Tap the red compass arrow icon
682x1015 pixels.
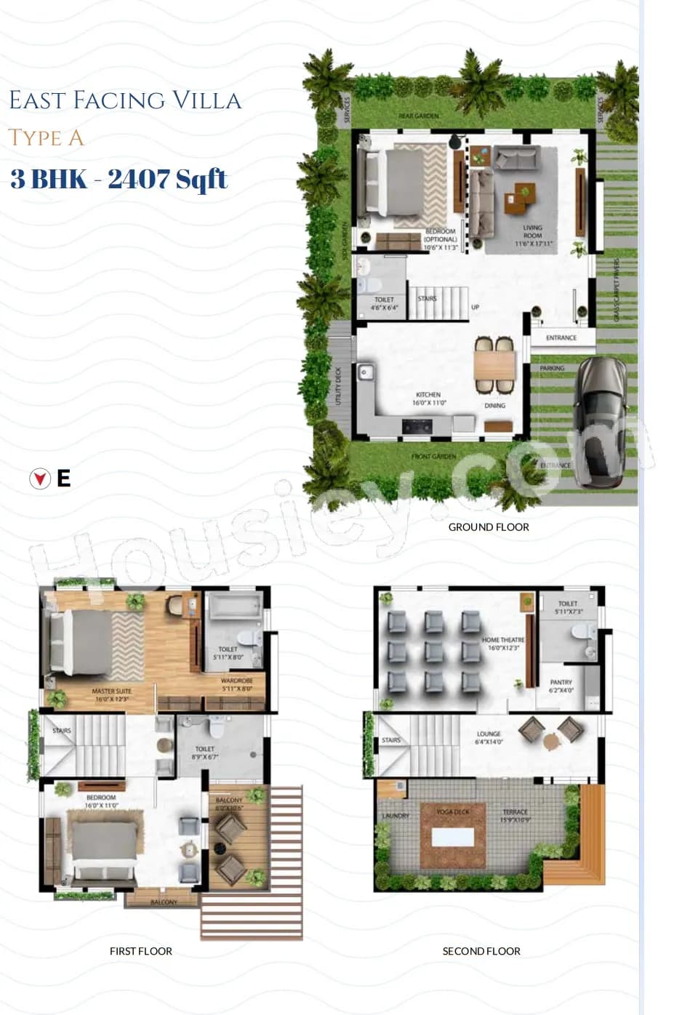pyautogui.click(x=40, y=478)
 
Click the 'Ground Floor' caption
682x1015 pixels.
pyautogui.click(x=489, y=527)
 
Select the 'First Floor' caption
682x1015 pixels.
pyautogui.click(x=141, y=951)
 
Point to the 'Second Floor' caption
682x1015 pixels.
pyautogui.click(x=481, y=951)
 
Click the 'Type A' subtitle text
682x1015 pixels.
pyautogui.click(x=46, y=137)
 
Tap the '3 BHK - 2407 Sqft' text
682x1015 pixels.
pyautogui.click(x=119, y=179)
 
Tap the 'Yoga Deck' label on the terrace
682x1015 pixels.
pyautogui.click(x=452, y=811)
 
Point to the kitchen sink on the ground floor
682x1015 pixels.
pyautogui.click(x=365, y=374)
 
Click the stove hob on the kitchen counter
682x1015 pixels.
pyautogui.click(x=417, y=425)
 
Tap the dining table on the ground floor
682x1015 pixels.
pyautogui.click(x=495, y=364)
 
